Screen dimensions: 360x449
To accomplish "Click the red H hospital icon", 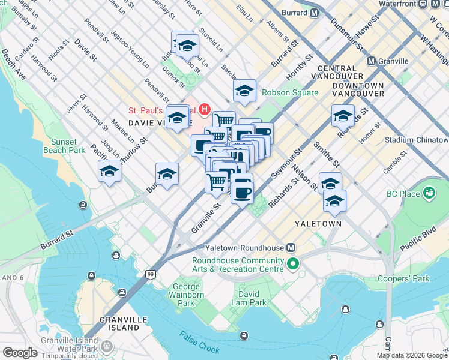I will [205, 109].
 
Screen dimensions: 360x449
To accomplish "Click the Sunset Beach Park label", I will [68, 146].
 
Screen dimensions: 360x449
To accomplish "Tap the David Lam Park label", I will [249, 298].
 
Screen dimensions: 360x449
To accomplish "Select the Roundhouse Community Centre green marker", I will [293, 263].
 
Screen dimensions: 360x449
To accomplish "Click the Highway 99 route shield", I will [150, 274].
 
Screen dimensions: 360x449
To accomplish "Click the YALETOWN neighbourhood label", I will [318, 224].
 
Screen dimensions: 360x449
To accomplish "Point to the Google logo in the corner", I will [20, 353].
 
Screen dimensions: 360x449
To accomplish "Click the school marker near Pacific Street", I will [110, 172].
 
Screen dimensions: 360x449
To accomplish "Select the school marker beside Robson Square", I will [244, 92].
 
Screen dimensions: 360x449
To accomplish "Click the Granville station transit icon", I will [372, 61].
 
